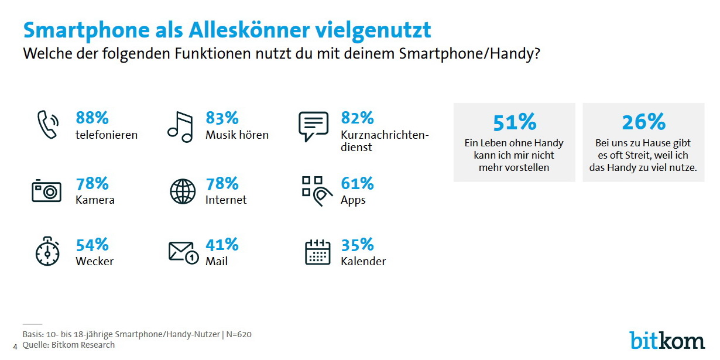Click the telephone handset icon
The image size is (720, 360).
point(47,125)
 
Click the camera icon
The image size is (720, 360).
point(46,191)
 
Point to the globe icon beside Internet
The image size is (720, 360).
point(182,191)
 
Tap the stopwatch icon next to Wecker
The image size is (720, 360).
point(47,252)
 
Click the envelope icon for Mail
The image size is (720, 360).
point(183,252)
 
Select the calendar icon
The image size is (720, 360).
point(318,252)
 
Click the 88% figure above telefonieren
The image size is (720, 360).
point(92,118)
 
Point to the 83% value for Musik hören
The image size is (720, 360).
point(221,118)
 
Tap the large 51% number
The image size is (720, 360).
point(514,122)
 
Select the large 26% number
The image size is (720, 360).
point(643,122)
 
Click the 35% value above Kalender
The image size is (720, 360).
point(357,245)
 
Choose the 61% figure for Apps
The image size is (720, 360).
point(357,184)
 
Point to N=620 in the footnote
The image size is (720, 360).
point(238,334)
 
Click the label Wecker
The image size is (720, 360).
point(94,261)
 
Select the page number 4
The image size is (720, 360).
point(15,346)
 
